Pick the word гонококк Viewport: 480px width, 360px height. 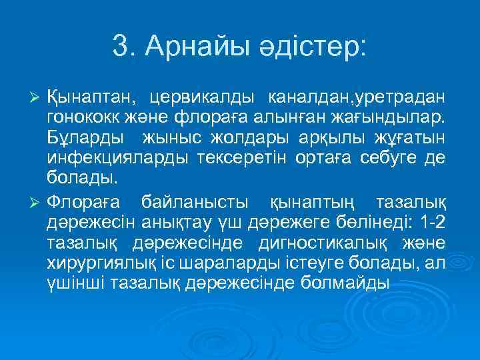80,119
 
